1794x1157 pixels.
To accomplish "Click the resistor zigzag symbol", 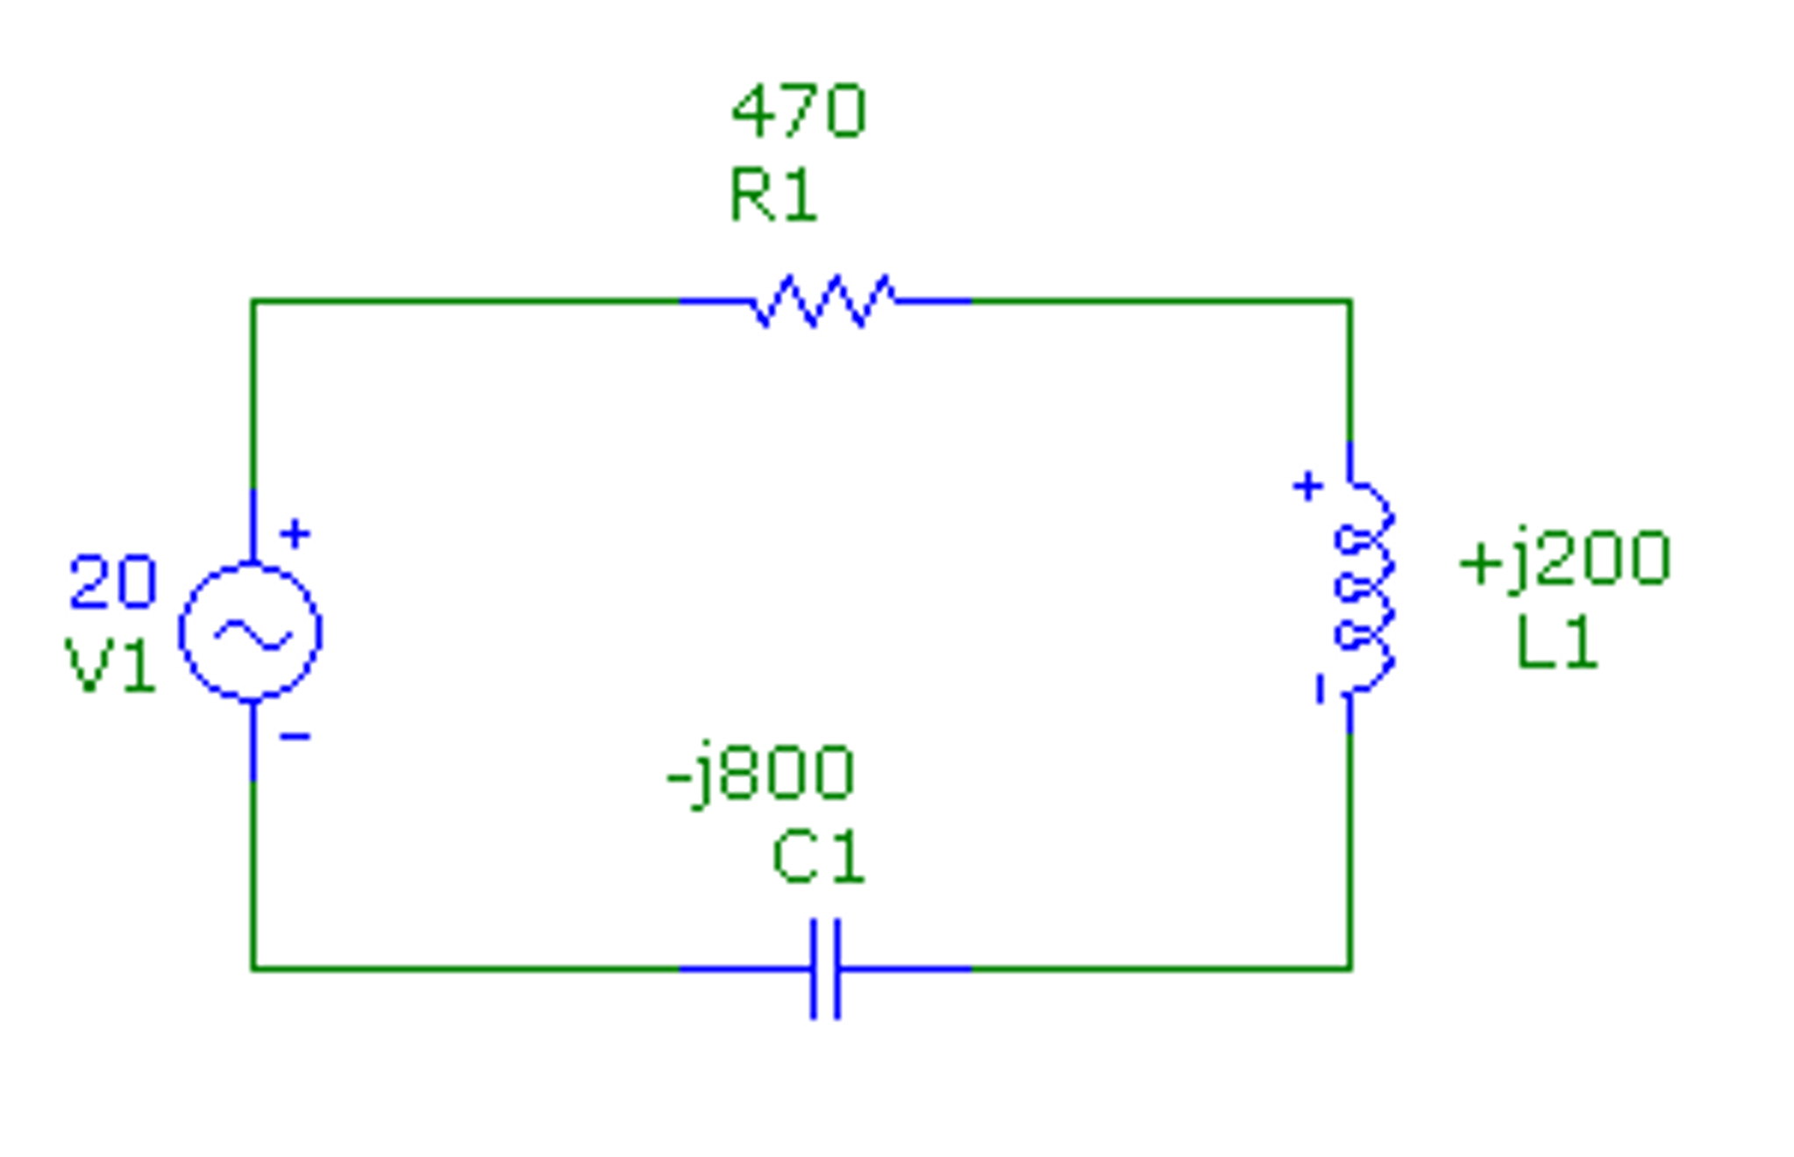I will pos(824,302).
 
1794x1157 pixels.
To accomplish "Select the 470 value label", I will pos(798,111).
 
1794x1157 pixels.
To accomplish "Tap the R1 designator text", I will pos(773,196).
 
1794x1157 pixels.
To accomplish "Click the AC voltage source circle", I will pos(251,632).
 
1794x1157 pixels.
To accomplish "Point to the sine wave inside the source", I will pos(253,634).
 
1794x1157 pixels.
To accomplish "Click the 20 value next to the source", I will pos(113,582).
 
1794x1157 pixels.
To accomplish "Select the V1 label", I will pos(111,667).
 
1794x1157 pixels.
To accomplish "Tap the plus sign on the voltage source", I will pos(295,533).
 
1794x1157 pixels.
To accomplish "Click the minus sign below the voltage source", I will pos(295,737).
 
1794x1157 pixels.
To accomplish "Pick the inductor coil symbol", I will pos(1364,586).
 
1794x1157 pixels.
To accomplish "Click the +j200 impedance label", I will pos(1565,560).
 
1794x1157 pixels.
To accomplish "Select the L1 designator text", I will pos(1557,645).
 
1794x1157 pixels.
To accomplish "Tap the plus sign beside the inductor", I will pos(1307,486).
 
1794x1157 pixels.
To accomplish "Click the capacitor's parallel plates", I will pos(825,968).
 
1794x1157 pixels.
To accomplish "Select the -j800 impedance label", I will pos(760,775).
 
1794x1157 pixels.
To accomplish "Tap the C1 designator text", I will pos(819,858).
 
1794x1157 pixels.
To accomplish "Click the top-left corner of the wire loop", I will pos(253,302).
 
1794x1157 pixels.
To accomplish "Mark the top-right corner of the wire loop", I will pos(1349,302).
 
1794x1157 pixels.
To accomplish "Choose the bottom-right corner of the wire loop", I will pos(1349,968).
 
